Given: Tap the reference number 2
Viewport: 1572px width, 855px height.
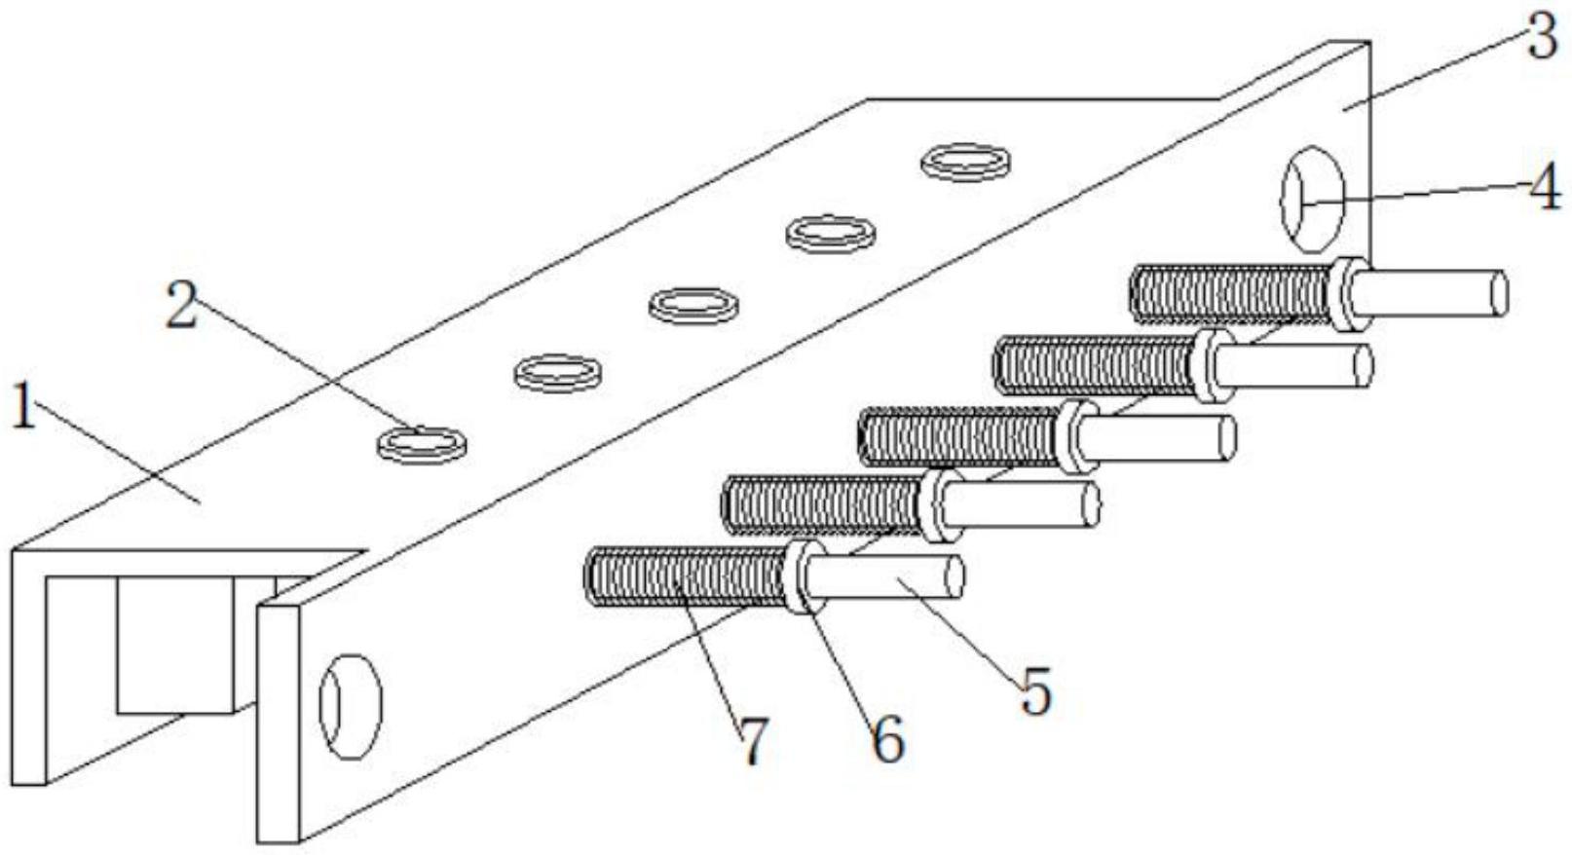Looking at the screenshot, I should [181, 305].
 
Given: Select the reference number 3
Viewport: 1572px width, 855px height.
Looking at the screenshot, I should [1540, 39].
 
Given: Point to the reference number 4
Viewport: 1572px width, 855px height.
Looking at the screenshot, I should [1543, 188].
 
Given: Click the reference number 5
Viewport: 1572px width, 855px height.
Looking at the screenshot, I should [1034, 690].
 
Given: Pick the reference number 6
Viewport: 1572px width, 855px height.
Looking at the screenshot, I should [886, 740].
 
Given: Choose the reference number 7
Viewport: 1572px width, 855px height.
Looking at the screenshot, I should [754, 742].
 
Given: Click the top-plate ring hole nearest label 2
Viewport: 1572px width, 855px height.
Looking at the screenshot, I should [421, 443].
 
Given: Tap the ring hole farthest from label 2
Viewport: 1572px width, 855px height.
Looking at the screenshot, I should [964, 162].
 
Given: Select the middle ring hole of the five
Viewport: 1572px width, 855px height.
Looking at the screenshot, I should [692, 304].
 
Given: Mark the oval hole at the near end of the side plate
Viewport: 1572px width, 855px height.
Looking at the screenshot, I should [351, 705].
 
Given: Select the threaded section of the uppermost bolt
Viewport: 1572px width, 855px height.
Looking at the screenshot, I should [1232, 293].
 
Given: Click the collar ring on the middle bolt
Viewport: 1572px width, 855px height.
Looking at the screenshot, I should [1074, 435].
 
